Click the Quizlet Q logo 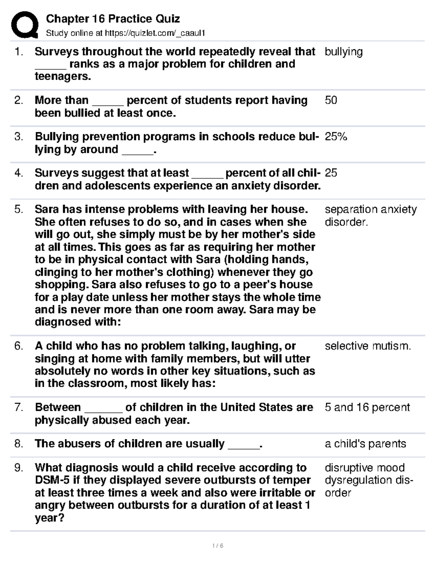pyautogui.click(x=25, y=25)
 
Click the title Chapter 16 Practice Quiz pyautogui.click(x=113, y=18)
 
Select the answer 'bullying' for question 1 pyautogui.click(x=343, y=52)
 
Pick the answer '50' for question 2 pyautogui.click(x=331, y=100)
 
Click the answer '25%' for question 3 pyautogui.click(x=336, y=137)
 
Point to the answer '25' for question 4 pyautogui.click(x=331, y=173)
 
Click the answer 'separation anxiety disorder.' pyautogui.click(x=370, y=216)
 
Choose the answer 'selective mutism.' pyautogui.click(x=368, y=346)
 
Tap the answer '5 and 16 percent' pyautogui.click(x=367, y=407)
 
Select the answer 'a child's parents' pyautogui.click(x=365, y=444)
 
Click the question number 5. pyautogui.click(x=19, y=210)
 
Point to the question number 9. pyautogui.click(x=19, y=468)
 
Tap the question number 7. pyautogui.click(x=19, y=407)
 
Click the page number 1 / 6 pyautogui.click(x=217, y=546)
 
